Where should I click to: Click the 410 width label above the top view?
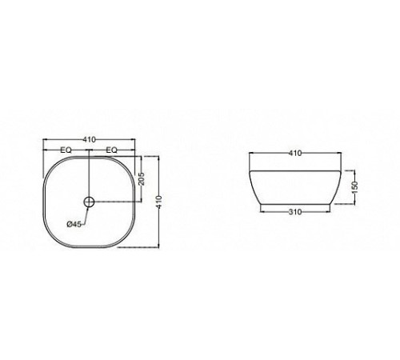click(89, 139)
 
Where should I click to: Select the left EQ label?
click(66, 150)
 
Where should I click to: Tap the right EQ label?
click(111, 150)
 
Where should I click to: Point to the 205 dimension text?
click(142, 178)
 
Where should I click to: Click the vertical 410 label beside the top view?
click(159, 202)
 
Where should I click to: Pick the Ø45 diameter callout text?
click(74, 224)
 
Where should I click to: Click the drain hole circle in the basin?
click(90, 202)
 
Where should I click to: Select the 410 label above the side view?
click(295, 153)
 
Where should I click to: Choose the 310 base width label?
click(295, 212)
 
